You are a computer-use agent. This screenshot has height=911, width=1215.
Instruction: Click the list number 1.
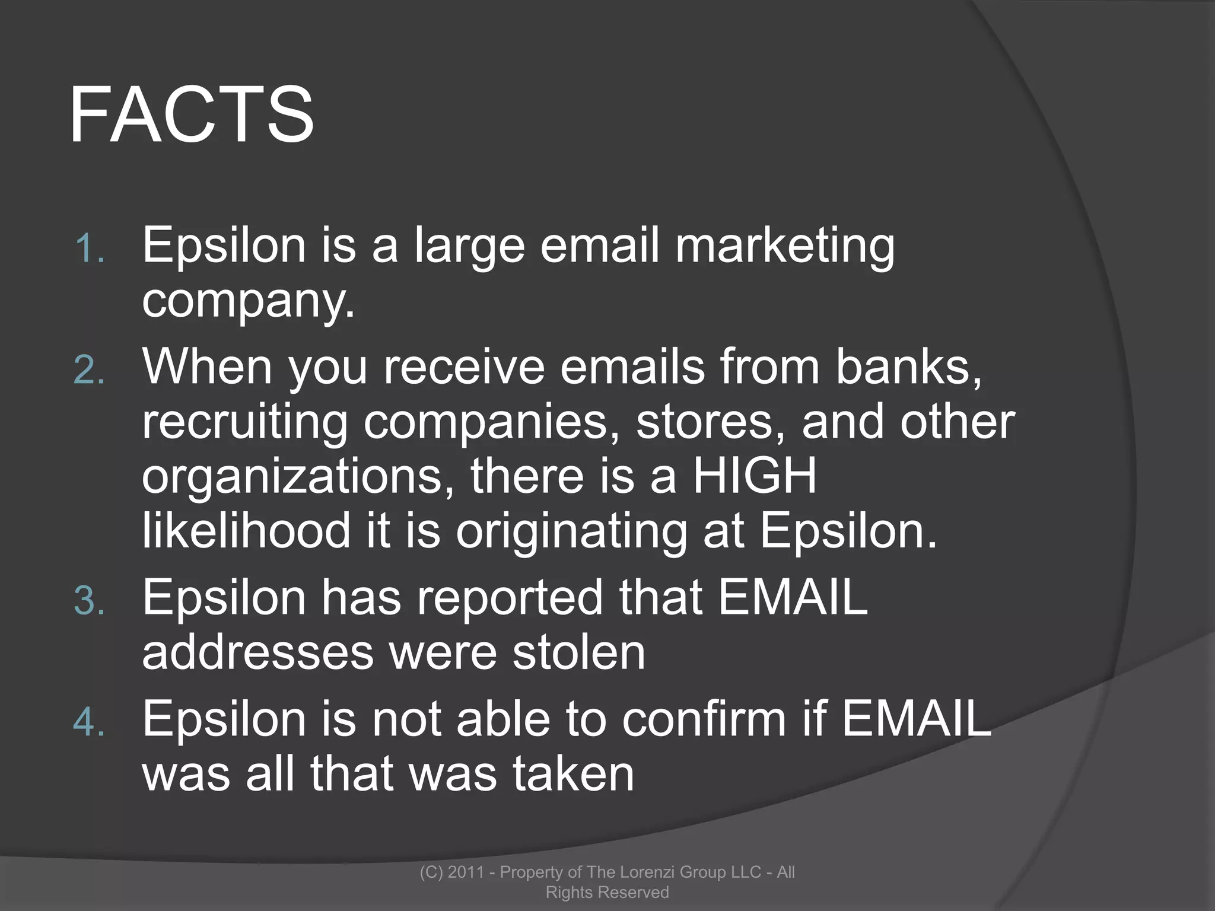pyautogui.click(x=89, y=248)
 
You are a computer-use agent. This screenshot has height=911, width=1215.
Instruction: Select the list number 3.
pyautogui.click(x=89, y=600)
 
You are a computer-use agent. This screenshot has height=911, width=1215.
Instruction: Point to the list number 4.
pyautogui.click(x=89, y=723)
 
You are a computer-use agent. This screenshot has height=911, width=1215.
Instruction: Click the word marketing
pyautogui.click(x=785, y=247)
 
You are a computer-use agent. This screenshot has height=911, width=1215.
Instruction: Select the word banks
pyautogui.click(x=908, y=367)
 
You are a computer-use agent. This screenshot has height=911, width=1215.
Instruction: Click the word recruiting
pyautogui.click(x=244, y=423)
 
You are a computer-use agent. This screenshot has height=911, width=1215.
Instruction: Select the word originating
pyautogui.click(x=571, y=531)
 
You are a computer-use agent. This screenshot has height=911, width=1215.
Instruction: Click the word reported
pyautogui.click(x=509, y=598)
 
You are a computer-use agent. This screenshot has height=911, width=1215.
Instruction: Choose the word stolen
pyautogui.click(x=578, y=652)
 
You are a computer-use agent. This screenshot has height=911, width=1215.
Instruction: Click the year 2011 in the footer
pyautogui.click(x=466, y=872)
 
